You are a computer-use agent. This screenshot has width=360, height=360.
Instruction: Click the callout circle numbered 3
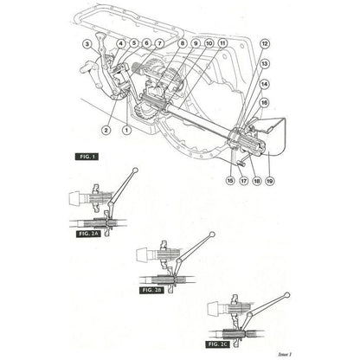pos(87,43)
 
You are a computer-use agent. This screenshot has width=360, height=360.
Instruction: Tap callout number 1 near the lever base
pos(126,130)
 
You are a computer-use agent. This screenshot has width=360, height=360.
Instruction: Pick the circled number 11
pos(223,43)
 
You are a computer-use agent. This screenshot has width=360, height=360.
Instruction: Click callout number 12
pos(264,43)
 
